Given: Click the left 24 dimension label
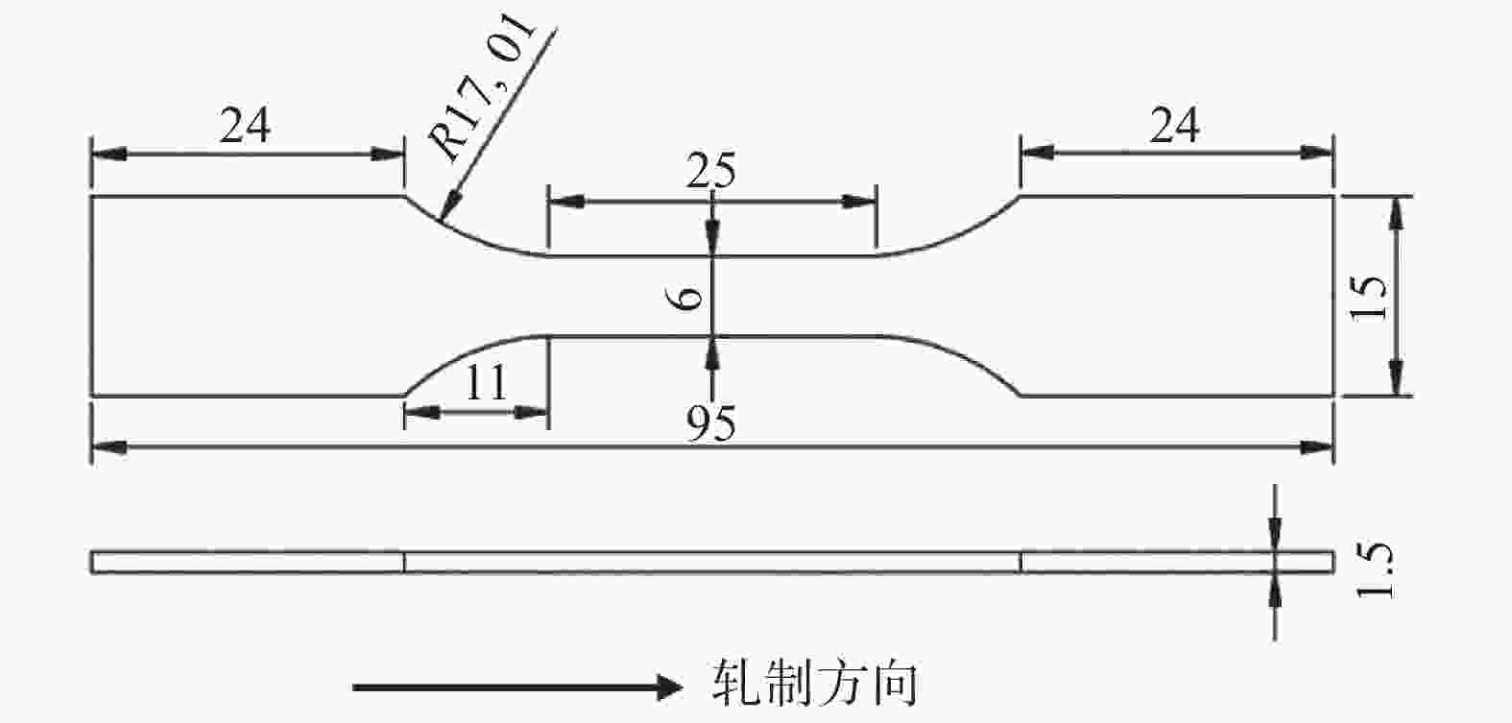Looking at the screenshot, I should pyautogui.click(x=245, y=126).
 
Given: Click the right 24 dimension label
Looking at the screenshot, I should pyautogui.click(x=1175, y=126).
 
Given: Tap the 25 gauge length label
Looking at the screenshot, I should pyautogui.click(x=711, y=172).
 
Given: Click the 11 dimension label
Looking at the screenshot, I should pyautogui.click(x=486, y=385).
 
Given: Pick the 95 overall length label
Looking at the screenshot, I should pyautogui.click(x=711, y=423).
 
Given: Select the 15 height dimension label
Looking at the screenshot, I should pyautogui.click(x=1370, y=297).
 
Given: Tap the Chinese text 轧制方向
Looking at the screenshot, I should pyautogui.click(x=815, y=685).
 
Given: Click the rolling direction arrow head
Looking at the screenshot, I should pyautogui.click(x=668, y=687).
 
